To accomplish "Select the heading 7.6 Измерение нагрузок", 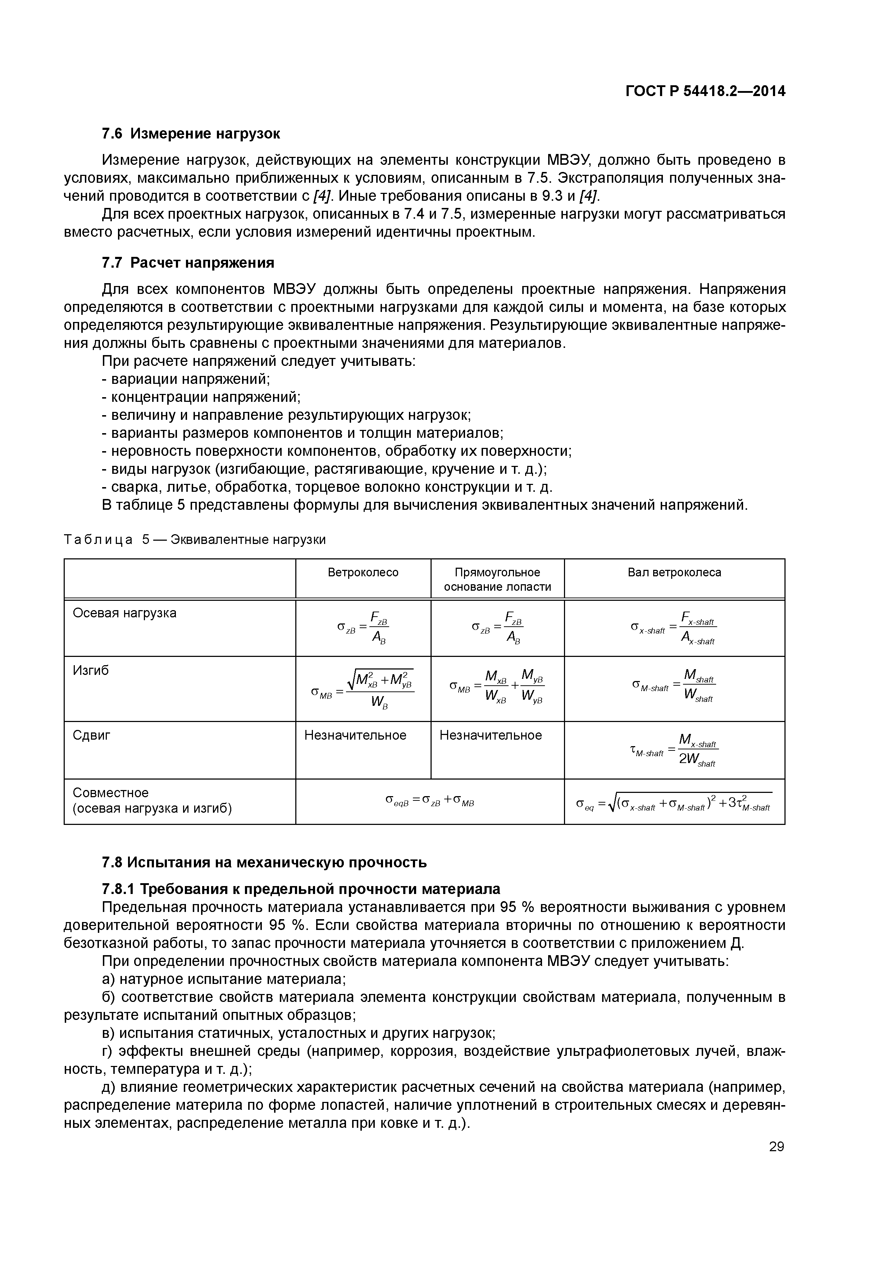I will coord(191,133).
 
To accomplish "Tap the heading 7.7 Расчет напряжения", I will coord(188,263).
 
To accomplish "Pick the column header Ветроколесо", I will coord(363,572).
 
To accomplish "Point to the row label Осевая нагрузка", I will coord(125,613).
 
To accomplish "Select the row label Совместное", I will coord(110,793).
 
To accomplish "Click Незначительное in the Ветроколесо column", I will coord(355,735).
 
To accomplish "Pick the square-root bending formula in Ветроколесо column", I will coord(363,689).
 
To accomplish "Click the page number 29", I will coord(776,1147).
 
